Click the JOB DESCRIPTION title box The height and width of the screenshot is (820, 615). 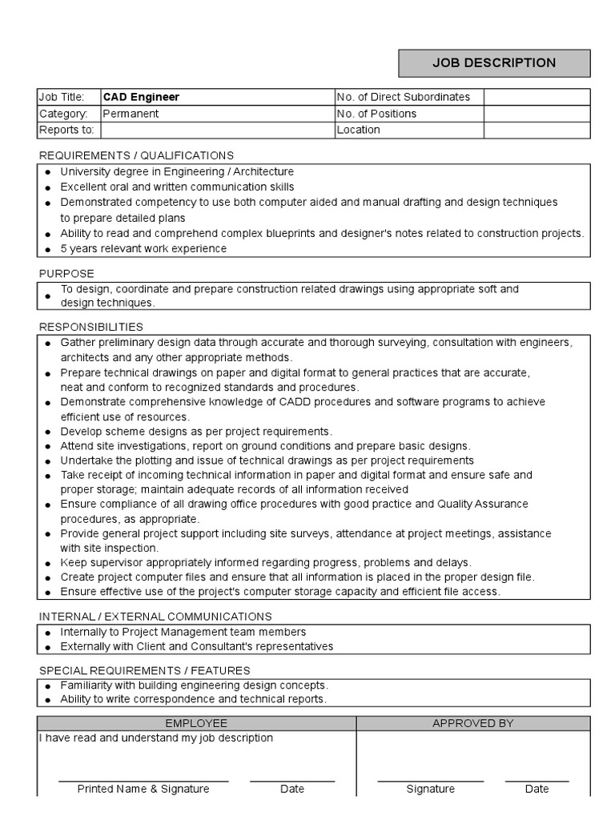click(x=494, y=63)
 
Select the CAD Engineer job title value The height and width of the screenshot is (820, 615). click(x=141, y=97)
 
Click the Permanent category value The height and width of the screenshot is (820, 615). click(x=131, y=114)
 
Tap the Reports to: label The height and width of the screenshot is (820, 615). click(x=66, y=130)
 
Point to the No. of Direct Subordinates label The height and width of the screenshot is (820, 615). click(x=404, y=97)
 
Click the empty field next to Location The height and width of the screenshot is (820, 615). click(x=537, y=130)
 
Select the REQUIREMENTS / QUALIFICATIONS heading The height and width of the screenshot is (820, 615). click(x=136, y=155)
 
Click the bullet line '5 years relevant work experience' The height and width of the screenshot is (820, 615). click(x=143, y=248)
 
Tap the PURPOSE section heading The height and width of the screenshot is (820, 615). click(x=66, y=274)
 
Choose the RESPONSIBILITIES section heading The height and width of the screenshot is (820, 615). click(x=91, y=327)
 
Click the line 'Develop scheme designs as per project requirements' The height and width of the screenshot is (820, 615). click(x=196, y=431)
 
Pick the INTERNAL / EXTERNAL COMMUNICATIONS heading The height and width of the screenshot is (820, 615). click(x=155, y=617)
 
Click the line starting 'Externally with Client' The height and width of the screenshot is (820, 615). click(x=197, y=646)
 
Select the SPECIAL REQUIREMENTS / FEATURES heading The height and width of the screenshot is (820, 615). click(x=144, y=670)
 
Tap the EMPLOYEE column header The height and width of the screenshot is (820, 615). click(x=196, y=723)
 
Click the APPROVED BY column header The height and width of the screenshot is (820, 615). click(x=472, y=723)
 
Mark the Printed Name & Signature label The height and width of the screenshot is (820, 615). click(x=143, y=789)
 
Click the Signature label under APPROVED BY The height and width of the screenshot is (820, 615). click(x=430, y=789)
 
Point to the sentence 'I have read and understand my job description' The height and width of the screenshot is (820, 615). click(x=156, y=738)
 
